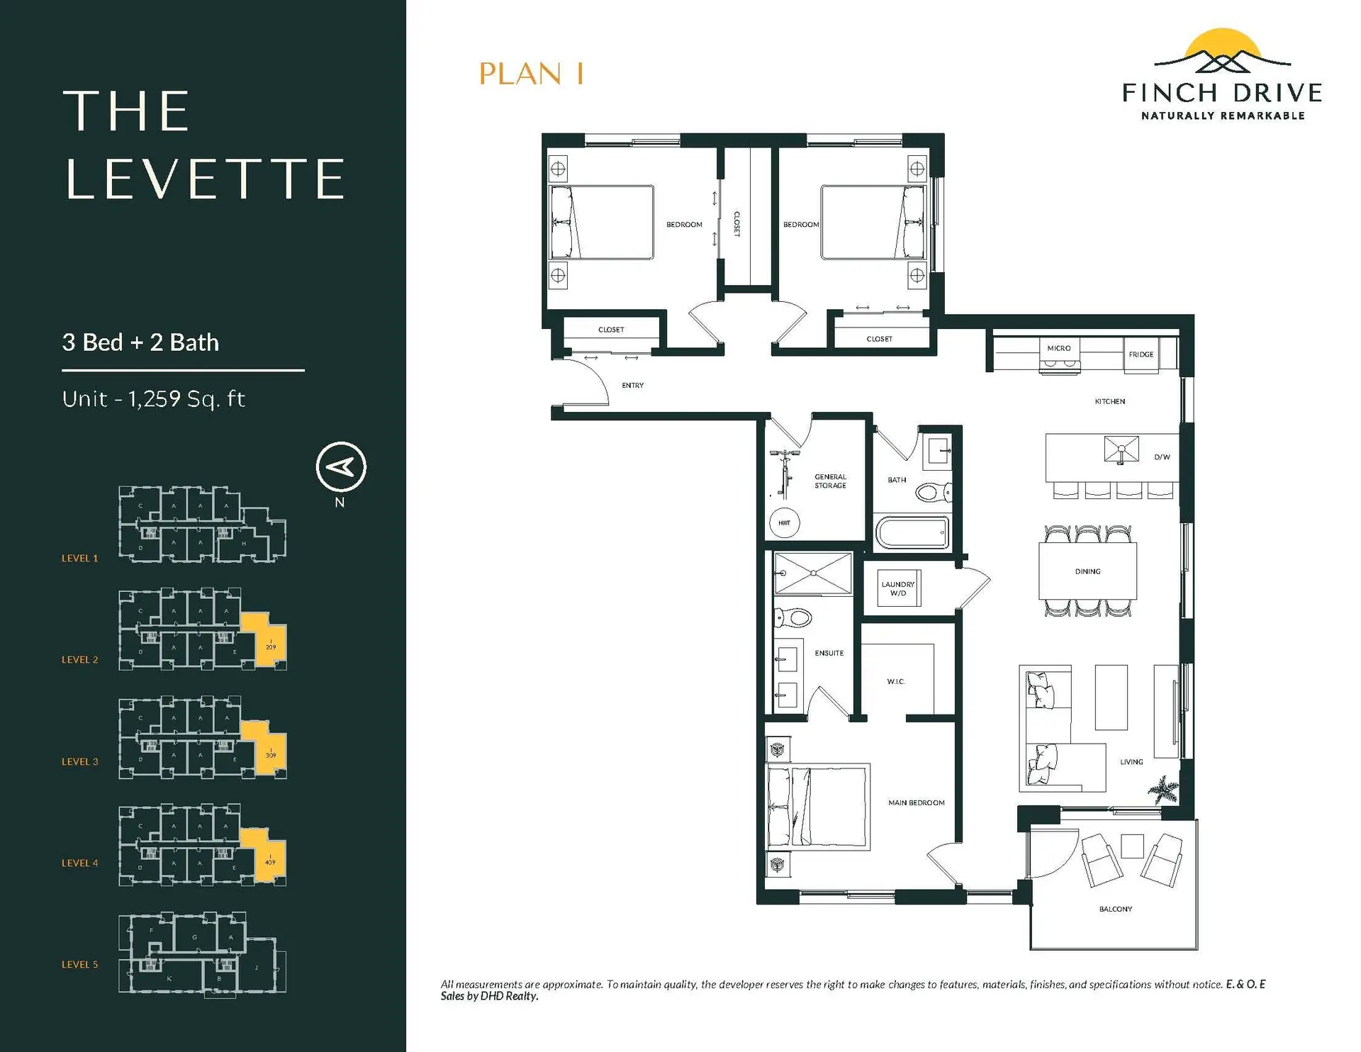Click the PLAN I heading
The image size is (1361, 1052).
click(531, 74)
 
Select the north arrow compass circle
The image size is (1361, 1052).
click(341, 466)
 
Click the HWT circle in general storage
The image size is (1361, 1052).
click(784, 523)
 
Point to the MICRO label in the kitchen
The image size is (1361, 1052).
click(1058, 348)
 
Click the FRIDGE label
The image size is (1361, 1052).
click(1141, 354)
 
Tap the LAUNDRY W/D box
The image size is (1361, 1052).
click(898, 588)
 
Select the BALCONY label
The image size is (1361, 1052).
click(1115, 909)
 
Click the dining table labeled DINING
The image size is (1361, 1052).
click(1087, 571)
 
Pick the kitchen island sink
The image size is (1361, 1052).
click(1121, 449)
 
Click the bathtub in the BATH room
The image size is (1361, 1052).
click(912, 533)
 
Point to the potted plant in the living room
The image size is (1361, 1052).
click(1163, 788)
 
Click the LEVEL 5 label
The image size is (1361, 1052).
click(79, 965)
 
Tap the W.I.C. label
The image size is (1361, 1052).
click(896, 681)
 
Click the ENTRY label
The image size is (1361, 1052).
click(632, 386)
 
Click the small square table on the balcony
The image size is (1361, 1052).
click(1132, 846)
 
